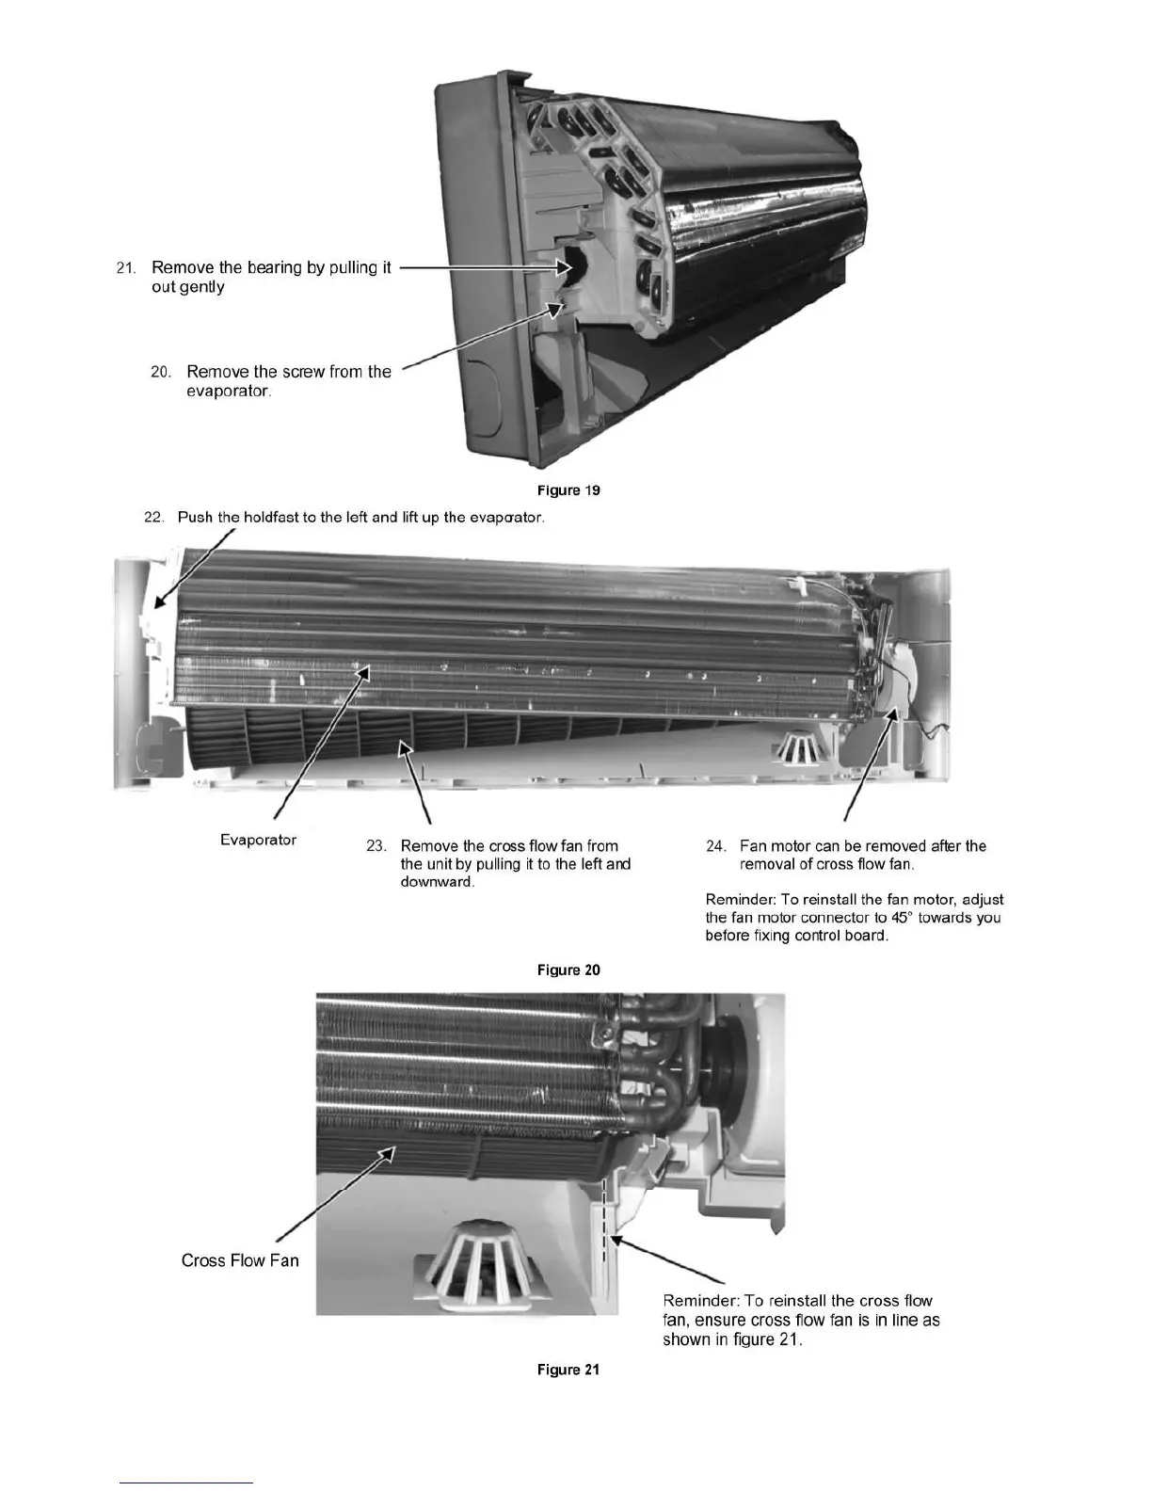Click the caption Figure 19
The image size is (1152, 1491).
coord(568,490)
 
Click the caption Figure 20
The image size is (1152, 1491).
coord(568,970)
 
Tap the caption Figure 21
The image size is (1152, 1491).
coord(568,1370)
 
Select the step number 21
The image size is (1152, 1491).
coord(127,268)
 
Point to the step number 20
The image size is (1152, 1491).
coord(161,372)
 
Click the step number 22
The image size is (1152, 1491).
coord(154,518)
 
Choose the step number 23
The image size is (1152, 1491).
coord(376,846)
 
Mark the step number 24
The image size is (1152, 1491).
coord(716,846)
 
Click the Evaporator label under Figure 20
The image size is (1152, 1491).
coord(258,840)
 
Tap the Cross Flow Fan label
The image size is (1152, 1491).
coord(240,1260)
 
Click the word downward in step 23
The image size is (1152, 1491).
coord(437,883)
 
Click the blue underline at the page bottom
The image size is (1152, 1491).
coord(187,1483)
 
